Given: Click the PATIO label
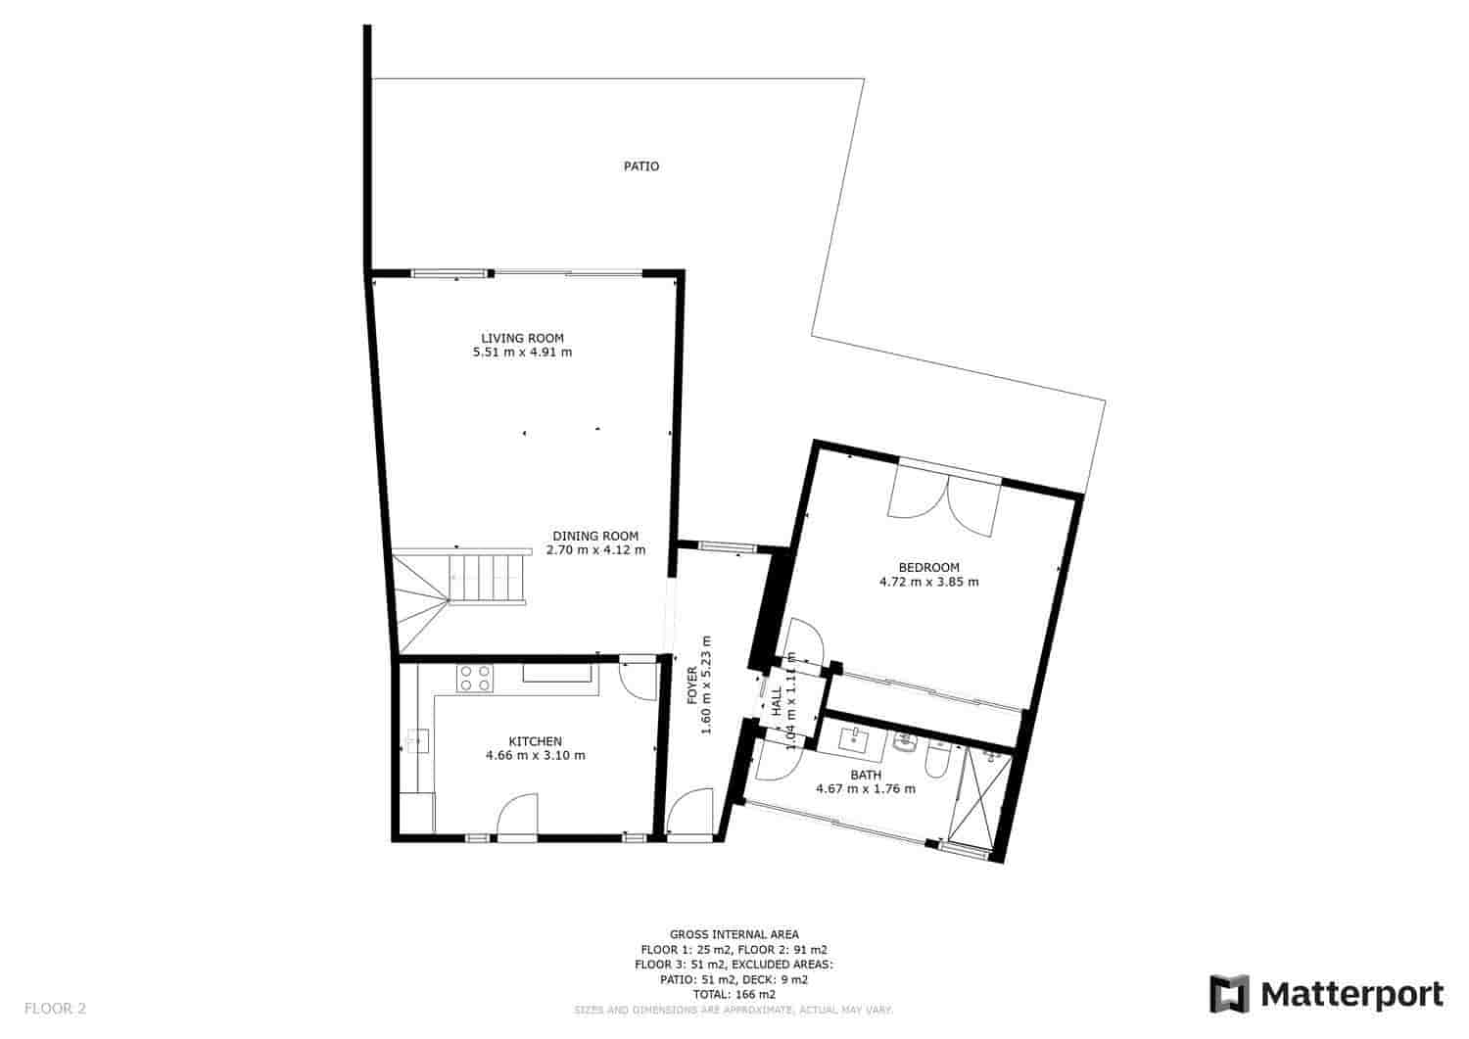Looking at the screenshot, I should click(x=641, y=166).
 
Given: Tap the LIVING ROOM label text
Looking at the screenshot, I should click(x=522, y=338).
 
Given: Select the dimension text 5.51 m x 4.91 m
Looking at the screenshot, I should click(x=522, y=353).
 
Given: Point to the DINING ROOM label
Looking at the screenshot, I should click(x=595, y=536).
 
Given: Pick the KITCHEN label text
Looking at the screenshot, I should click(x=535, y=741).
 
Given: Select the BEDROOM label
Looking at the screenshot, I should click(x=928, y=567).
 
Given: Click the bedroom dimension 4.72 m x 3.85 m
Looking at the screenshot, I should click(x=928, y=582).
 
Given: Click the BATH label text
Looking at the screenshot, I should click(x=866, y=775).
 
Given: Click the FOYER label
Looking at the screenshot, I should click(x=692, y=685).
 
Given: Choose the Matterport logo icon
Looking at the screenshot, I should click(x=1230, y=994).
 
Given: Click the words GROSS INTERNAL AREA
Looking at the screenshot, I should click(x=734, y=934).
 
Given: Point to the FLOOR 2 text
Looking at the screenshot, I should click(x=56, y=1007).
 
